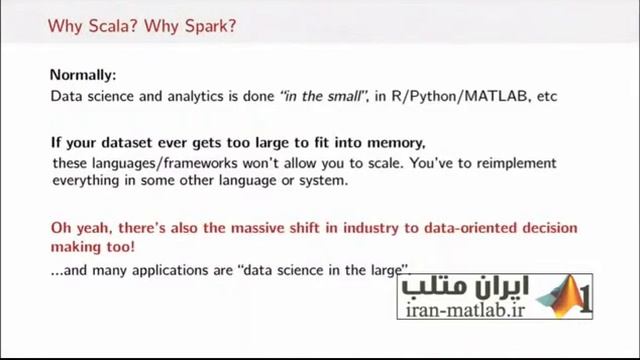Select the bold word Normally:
pos(83,75)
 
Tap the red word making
pos(78,246)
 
